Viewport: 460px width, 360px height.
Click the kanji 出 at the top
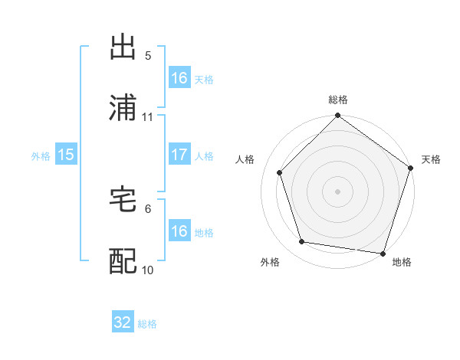tap(123, 47)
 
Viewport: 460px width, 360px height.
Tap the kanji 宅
tap(123, 201)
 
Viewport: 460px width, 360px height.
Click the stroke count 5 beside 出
tap(148, 55)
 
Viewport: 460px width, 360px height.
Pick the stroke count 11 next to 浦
tap(148, 117)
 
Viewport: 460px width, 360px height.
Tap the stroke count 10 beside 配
tap(148, 270)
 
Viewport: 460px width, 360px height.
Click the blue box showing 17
tap(179, 155)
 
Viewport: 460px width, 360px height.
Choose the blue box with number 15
tap(66, 155)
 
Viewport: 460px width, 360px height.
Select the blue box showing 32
tap(123, 322)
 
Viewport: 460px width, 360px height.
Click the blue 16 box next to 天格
tap(179, 78)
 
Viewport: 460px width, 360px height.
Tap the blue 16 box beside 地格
tap(179, 231)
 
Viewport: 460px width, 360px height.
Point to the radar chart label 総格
tap(338, 100)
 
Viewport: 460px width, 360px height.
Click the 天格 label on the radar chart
tap(431, 159)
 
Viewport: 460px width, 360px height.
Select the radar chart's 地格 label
tap(402, 262)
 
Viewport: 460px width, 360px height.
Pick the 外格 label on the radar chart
tap(270, 262)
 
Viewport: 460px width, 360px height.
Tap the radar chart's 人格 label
tap(245, 159)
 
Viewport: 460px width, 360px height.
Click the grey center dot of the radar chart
tap(337, 191)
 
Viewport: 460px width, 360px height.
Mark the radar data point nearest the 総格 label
tap(337, 116)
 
